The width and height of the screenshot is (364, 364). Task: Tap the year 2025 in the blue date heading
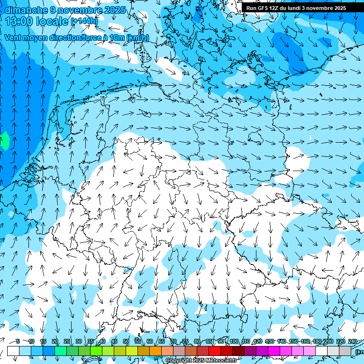coord(112,10)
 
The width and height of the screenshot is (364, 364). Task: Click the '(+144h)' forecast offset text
coord(84,21)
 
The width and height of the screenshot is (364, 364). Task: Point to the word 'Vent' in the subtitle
coord(14,38)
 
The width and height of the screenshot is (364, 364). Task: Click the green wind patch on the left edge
coord(3,141)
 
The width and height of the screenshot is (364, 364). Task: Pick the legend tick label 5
coord(18,341)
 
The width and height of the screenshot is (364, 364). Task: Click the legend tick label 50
coord(126,341)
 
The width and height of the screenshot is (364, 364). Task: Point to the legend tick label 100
coord(233,341)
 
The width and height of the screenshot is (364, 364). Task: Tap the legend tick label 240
coord(352,341)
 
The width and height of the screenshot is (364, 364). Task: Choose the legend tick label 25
coord(66,341)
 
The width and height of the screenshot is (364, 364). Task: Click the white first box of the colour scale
coord(13,351)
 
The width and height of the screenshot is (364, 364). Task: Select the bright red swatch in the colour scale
coord(215,351)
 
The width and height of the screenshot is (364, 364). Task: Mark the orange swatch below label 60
coord(144,351)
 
